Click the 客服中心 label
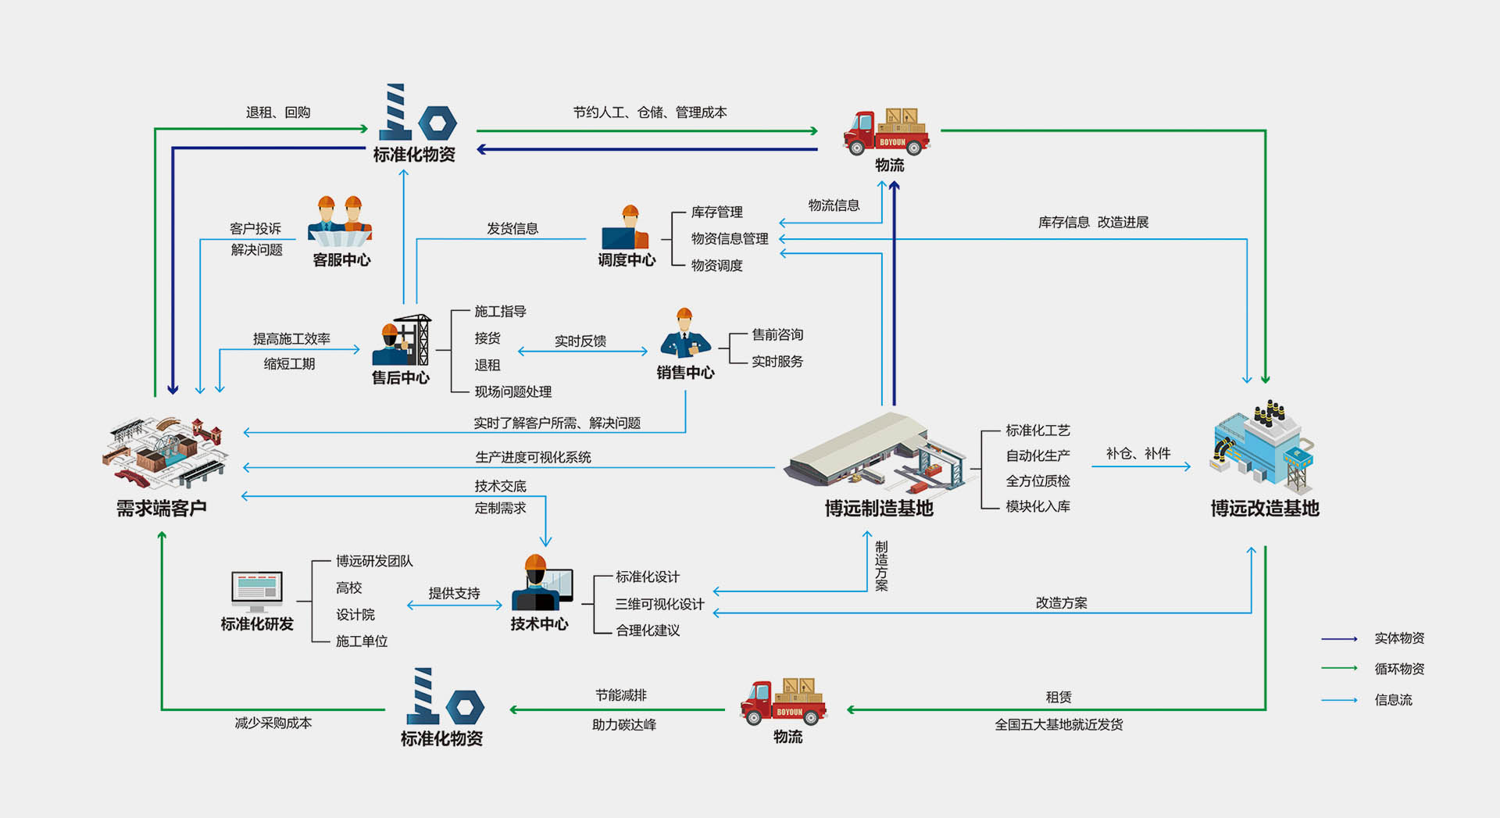coord(341,260)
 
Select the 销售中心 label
coord(685,373)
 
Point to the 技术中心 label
coord(539,624)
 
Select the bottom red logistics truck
coord(784,702)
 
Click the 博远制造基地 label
coord(879,509)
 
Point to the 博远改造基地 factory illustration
coord(1262,445)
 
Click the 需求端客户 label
coord(162,509)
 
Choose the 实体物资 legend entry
coord(1399,638)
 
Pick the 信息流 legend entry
coord(1393,700)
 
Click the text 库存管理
coord(716,212)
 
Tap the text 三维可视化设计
coord(659,604)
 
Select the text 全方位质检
coord(1037,481)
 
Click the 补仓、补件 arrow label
coord(1137,453)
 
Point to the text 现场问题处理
coord(512,392)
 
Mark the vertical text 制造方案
coord(881,566)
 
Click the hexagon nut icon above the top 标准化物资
coord(437,123)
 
